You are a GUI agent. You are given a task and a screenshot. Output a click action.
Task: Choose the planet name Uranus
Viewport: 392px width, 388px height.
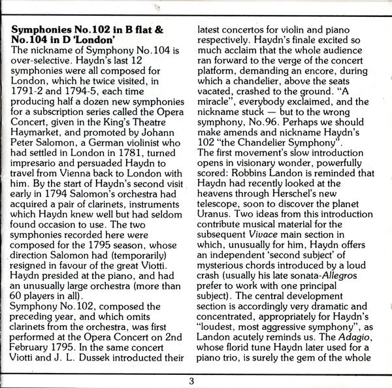(223, 212)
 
